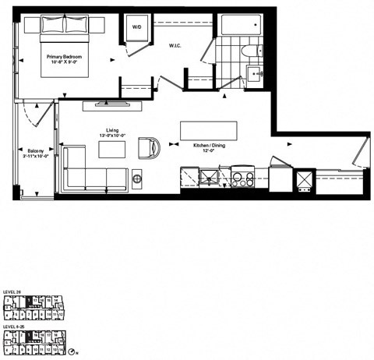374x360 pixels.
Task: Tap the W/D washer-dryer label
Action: click(137, 27)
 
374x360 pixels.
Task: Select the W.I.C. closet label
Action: click(175, 46)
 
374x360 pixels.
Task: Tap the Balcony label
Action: click(35, 153)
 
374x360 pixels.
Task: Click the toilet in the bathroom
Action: click(247, 52)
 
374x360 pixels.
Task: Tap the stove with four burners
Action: click(242, 178)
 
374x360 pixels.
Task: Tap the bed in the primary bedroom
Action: click(63, 46)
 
